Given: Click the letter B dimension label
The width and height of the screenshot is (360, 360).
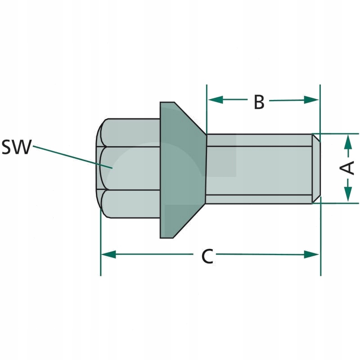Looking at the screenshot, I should point(259,102).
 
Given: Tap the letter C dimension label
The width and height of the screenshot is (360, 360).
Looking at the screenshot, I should point(207,256).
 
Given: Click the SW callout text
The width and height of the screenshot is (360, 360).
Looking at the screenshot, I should point(16,148).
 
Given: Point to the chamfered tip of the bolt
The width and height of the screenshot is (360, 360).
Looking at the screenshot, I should point(317,168).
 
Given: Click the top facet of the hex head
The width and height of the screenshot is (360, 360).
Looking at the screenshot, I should point(130,132).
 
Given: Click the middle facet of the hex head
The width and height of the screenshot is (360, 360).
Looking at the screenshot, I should point(130,168).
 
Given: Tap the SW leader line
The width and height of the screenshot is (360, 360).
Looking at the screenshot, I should point(72,156).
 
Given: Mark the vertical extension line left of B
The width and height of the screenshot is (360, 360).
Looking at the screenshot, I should point(207,108).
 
